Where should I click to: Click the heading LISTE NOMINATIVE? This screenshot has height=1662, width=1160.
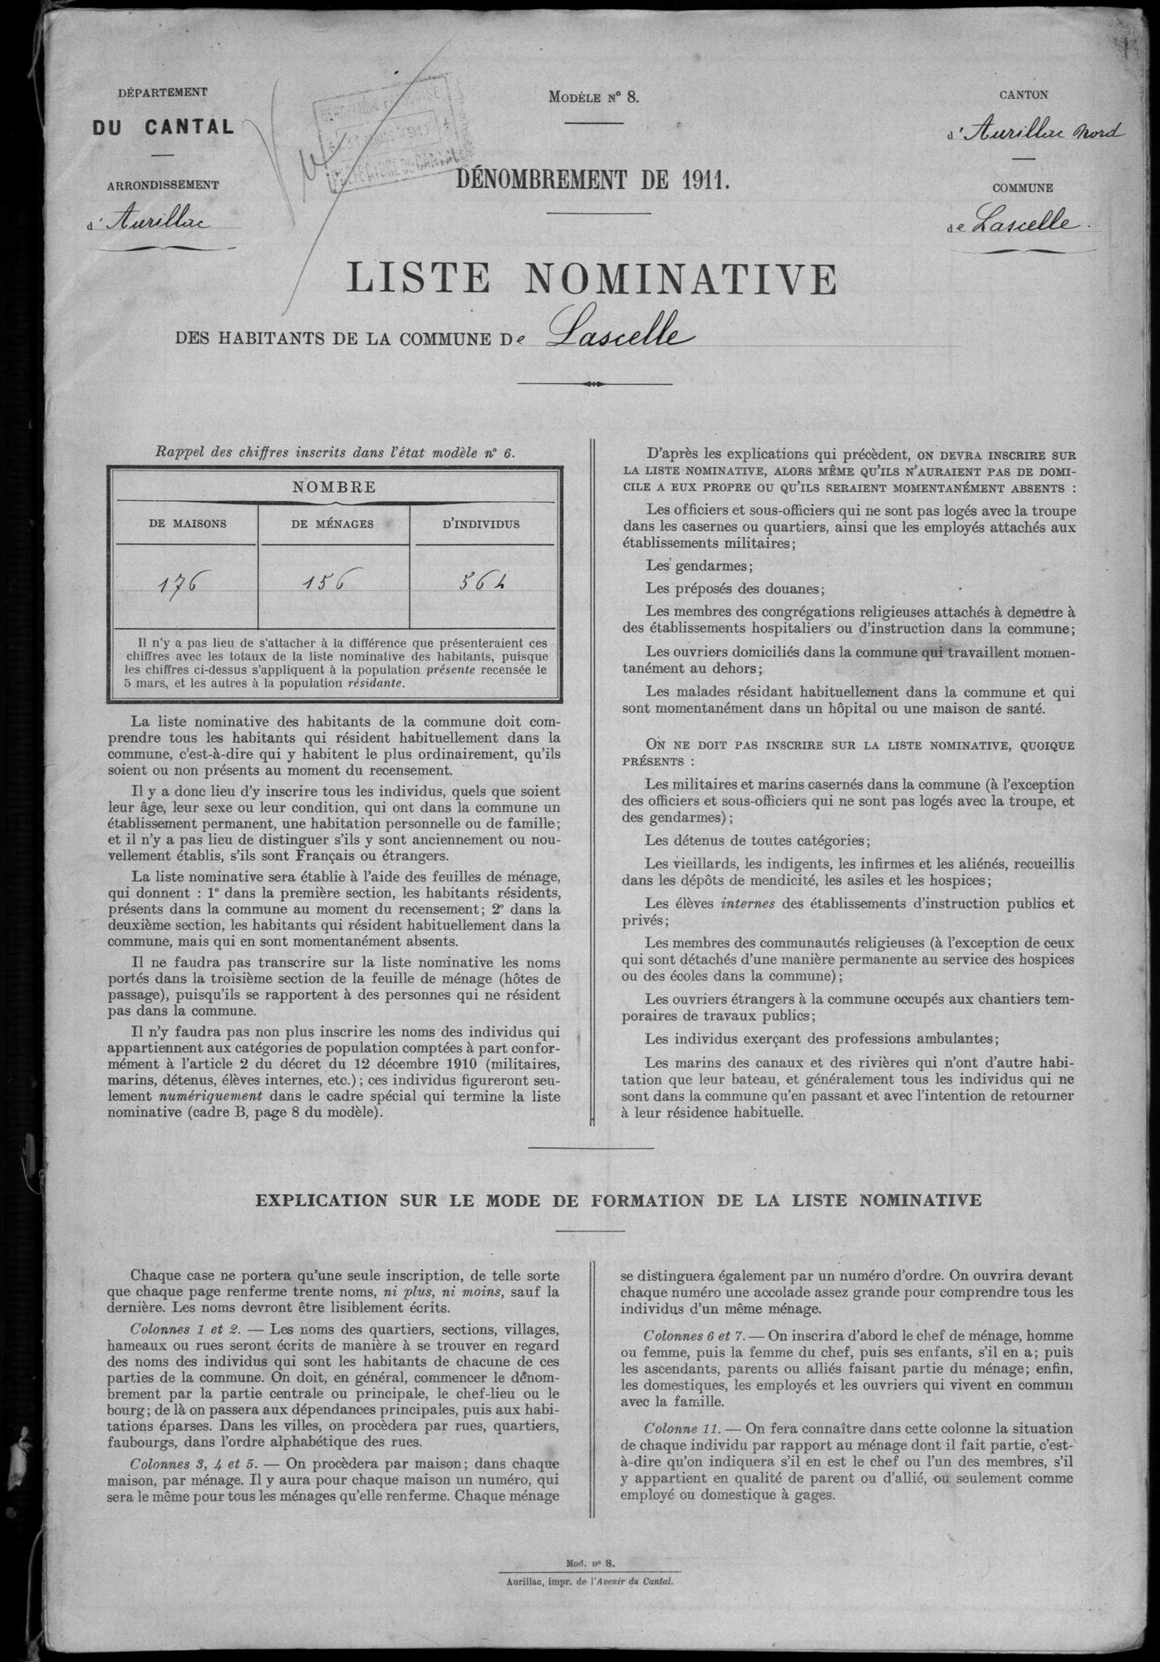(x=590, y=279)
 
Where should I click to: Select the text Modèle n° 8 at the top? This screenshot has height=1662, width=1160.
(x=593, y=97)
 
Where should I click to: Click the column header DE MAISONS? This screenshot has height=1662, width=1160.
(x=188, y=524)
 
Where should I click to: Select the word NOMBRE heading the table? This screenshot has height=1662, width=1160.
(x=334, y=487)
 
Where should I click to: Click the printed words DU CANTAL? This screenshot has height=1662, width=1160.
(x=163, y=127)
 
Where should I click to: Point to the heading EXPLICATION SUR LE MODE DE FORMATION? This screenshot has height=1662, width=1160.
(x=618, y=1200)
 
